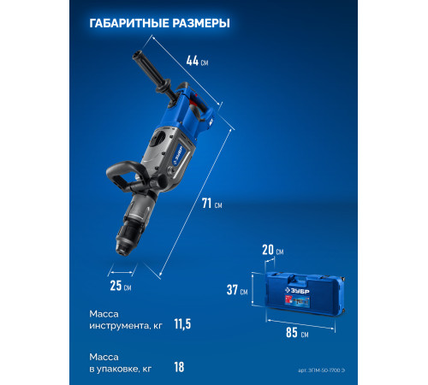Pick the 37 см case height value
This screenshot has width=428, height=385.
(240, 291)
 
